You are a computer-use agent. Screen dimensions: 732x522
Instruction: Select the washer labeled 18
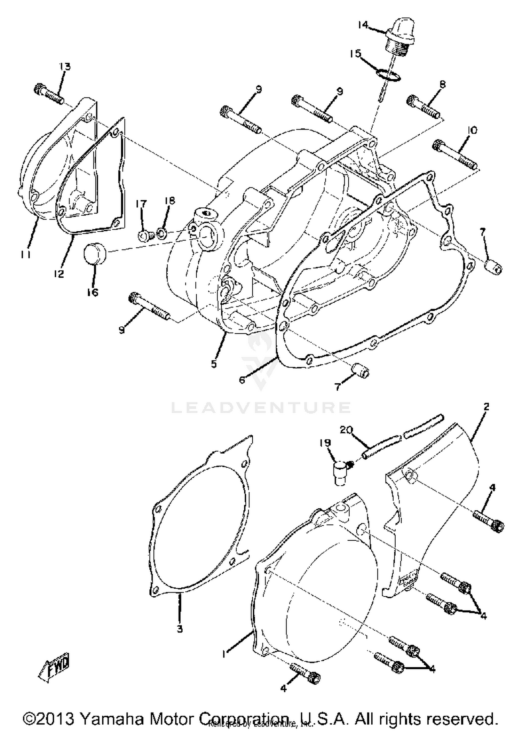pos(161,232)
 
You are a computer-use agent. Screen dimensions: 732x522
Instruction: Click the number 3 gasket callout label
pos(180,629)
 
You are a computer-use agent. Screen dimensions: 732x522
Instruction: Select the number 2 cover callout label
pos(486,406)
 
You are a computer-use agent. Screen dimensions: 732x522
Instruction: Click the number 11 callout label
pos(25,255)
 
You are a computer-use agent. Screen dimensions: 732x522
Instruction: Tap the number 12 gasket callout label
pos(59,274)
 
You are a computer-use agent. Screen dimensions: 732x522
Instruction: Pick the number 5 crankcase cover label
pos(214,364)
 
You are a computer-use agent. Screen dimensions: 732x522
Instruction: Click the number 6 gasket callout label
pos(242,380)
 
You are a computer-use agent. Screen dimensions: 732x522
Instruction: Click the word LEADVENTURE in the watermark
pos(261,407)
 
